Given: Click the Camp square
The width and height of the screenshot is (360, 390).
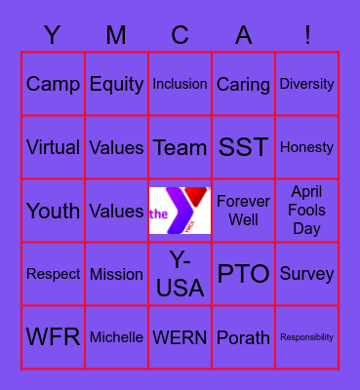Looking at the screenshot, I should pos(53,84).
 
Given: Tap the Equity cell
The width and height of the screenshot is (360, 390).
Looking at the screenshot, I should pos(116,84).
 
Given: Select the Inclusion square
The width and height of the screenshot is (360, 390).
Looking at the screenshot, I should pos(180,84).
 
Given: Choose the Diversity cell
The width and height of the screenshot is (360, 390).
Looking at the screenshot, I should pos(306,84).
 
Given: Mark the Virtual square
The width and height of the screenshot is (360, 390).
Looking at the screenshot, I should pos(53,147).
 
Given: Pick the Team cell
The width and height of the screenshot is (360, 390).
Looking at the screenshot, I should pos(180,147).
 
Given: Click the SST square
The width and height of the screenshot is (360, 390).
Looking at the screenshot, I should pos(243,147).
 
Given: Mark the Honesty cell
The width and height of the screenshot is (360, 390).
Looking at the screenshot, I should pos(306,147).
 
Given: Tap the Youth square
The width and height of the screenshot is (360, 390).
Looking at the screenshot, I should pos(53,211).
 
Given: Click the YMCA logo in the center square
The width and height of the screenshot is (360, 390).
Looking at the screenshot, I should pos(180,211).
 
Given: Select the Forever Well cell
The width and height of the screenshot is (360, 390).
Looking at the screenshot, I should pos(243,211).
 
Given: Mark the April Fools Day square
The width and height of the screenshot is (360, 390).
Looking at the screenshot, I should pos(306,211).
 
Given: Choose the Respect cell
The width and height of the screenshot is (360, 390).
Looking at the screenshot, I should pos(53,274).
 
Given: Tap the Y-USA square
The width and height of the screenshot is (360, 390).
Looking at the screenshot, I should pos(180,274).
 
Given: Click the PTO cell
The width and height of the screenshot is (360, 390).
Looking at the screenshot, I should pos(243,274).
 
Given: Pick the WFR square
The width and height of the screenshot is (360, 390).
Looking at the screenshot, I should pos(53,337).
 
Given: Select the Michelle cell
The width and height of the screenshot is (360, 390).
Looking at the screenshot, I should pos(116,337).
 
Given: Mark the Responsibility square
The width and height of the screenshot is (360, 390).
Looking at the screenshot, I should pos(306,337).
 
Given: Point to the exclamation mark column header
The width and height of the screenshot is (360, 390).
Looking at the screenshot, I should pos(307,36).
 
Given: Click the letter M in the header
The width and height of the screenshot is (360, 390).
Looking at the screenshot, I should pos(116,36).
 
